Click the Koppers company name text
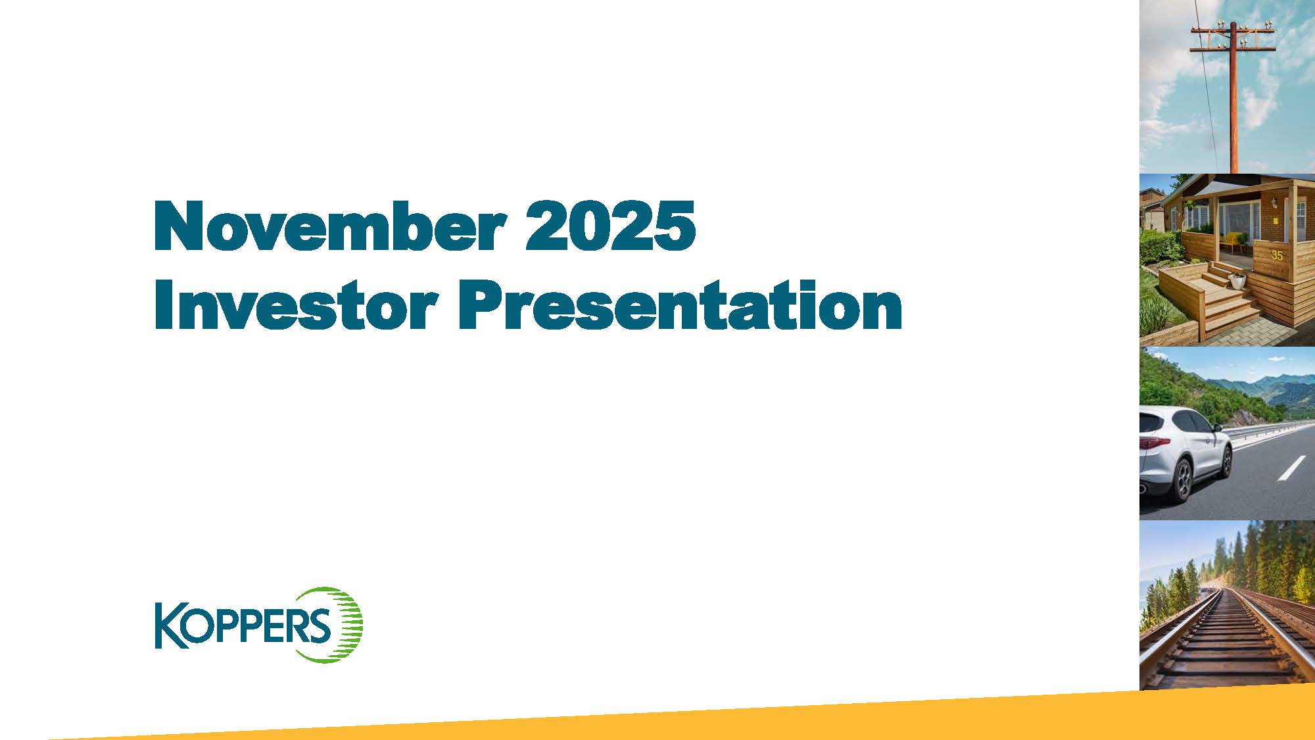tap(243, 626)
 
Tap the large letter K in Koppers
tap(167, 626)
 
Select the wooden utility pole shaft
tap(1233, 112)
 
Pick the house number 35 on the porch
tap(1277, 255)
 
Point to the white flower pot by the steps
tap(1237, 281)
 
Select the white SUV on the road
tap(1183, 454)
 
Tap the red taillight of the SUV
tap(1152, 443)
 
